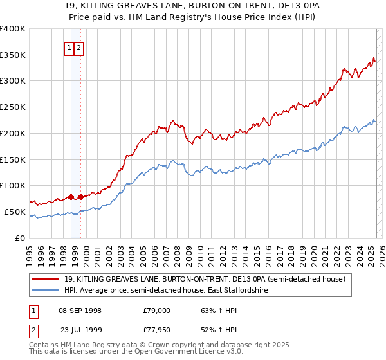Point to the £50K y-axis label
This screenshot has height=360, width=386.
pyautogui.click(x=15, y=212)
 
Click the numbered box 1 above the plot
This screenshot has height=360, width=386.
pyautogui.click(x=68, y=48)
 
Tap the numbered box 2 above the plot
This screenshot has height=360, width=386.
pyautogui.click(x=78, y=48)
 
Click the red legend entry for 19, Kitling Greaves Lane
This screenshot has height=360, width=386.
pyautogui.click(x=205, y=279)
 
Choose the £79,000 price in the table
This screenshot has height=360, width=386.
pyautogui.click(x=157, y=310)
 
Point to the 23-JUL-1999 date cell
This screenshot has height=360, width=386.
pyautogui.click(x=78, y=330)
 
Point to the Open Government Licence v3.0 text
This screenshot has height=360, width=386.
pyautogui.click(x=180, y=352)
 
